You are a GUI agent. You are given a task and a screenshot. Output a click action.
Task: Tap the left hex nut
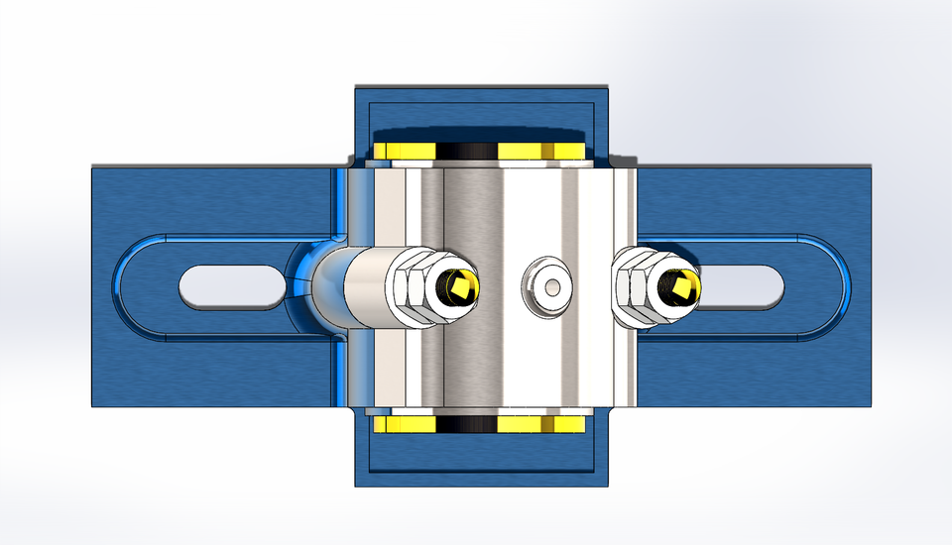[x=414, y=286]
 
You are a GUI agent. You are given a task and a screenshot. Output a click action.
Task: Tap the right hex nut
[x=637, y=287]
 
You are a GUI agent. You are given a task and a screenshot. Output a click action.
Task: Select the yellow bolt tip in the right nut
[x=682, y=287]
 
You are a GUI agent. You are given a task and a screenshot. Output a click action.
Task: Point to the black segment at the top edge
[x=466, y=151]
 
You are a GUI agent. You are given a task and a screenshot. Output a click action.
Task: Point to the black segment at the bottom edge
[x=466, y=424]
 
